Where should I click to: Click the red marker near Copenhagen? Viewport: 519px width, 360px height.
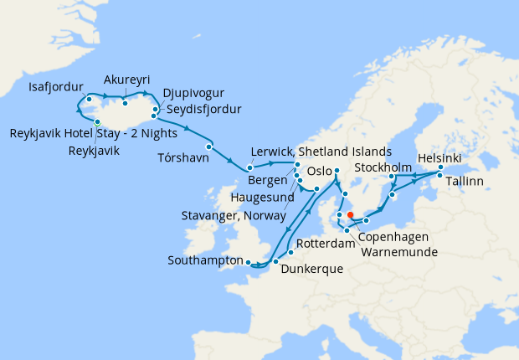350,213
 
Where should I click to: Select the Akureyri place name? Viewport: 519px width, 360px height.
126,80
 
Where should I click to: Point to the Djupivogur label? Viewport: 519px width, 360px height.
194,93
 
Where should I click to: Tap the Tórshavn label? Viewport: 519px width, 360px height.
181,157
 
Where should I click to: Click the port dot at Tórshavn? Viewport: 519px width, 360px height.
208,147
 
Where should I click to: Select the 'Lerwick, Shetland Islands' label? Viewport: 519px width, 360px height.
321,152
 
